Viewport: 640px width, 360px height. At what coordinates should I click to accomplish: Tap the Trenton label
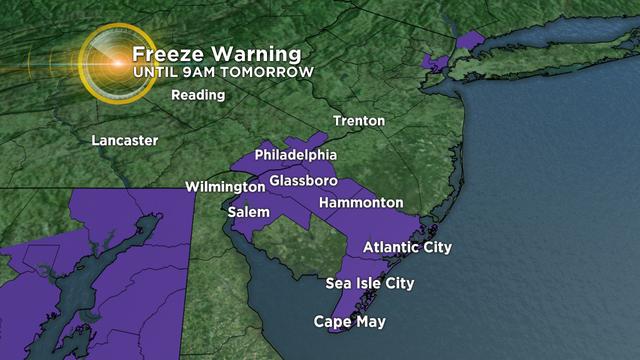click(x=359, y=121)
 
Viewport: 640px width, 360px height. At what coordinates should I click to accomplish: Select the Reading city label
click(x=198, y=96)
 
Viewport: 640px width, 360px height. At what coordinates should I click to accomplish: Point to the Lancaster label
click(x=124, y=141)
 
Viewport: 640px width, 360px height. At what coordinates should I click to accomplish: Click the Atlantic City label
click(x=407, y=247)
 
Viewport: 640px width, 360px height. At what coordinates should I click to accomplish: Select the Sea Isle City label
click(x=370, y=283)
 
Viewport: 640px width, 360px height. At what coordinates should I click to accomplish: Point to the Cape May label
click(x=349, y=322)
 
